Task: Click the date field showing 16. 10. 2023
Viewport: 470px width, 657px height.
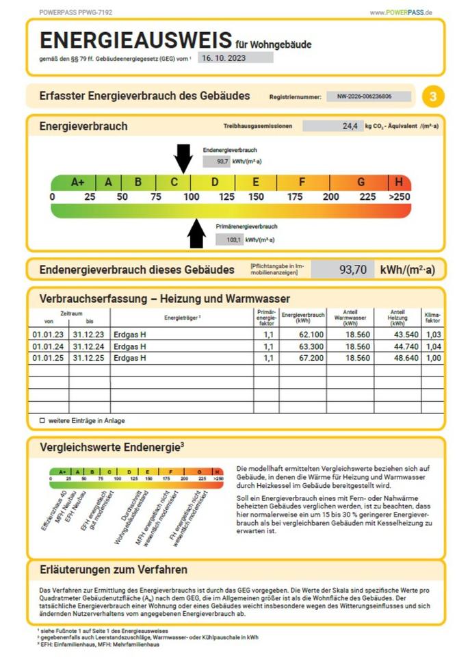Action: click(235, 57)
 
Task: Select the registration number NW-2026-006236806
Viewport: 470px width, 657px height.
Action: click(369, 97)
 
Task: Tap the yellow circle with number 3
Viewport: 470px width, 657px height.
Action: click(432, 96)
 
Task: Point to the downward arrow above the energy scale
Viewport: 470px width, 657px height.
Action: click(183, 159)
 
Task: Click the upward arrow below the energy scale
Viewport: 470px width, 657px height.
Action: click(196, 233)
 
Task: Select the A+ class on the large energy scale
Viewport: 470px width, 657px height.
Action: click(77, 183)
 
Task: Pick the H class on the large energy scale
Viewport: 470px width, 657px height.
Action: click(399, 183)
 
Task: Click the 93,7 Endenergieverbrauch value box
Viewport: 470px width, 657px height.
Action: click(216, 162)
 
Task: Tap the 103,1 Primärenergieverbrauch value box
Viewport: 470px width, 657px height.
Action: click(229, 240)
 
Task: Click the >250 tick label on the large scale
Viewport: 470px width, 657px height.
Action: click(399, 197)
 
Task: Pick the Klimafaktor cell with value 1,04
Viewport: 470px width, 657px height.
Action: click(432, 346)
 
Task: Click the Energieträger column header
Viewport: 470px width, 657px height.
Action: click(181, 318)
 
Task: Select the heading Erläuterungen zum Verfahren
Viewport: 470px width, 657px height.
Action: click(114, 569)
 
